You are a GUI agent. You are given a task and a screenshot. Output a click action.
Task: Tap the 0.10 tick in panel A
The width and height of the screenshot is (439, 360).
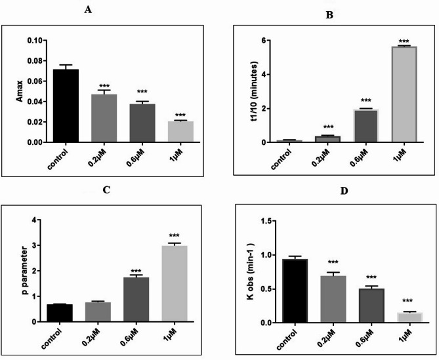(36, 41)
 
